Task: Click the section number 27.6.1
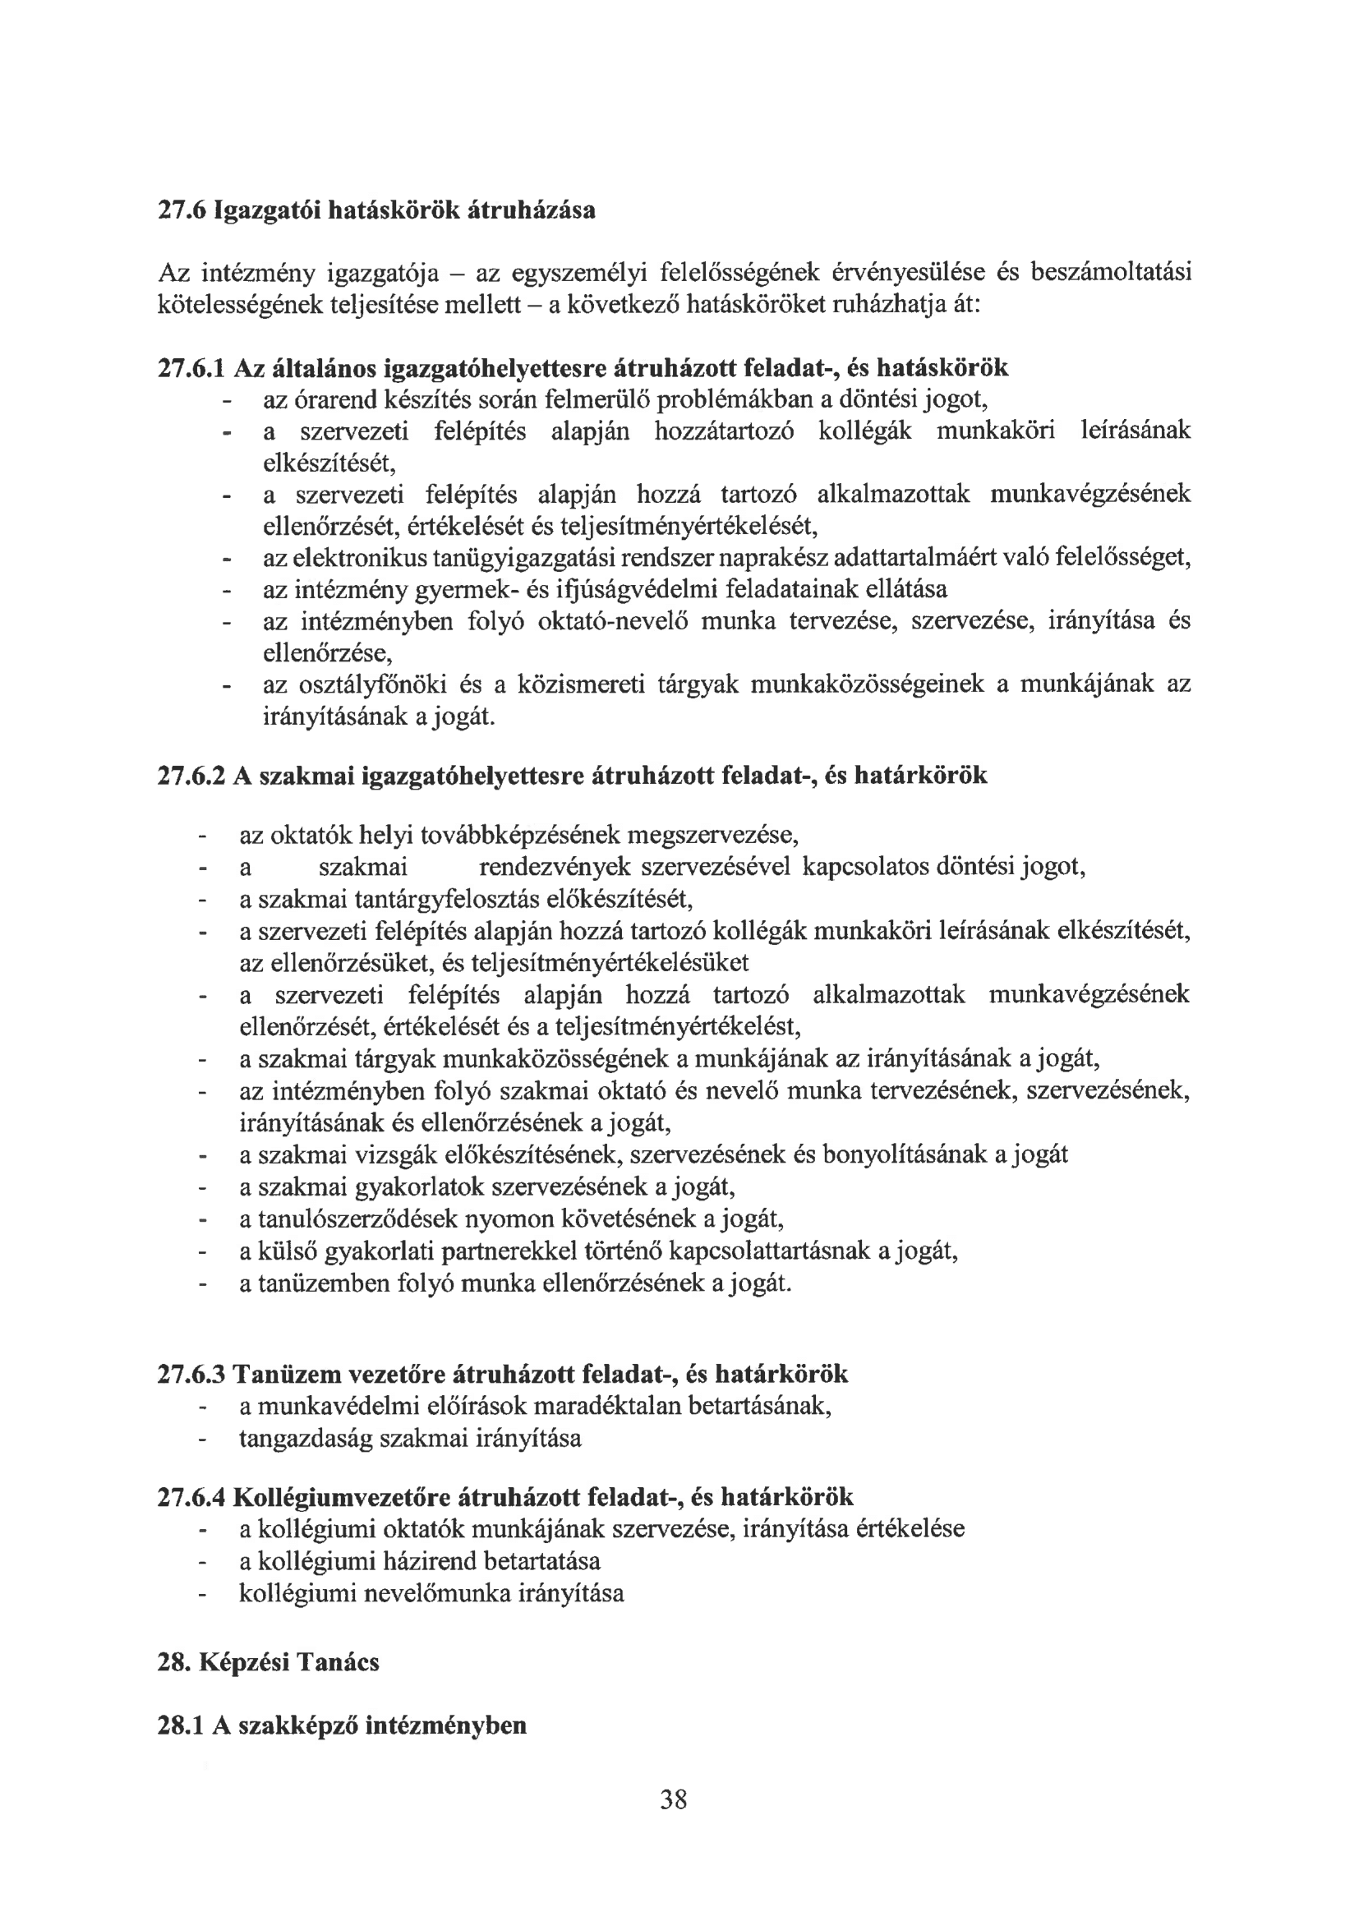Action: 192,367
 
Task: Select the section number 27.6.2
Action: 192,776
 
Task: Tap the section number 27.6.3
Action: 192,1374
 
